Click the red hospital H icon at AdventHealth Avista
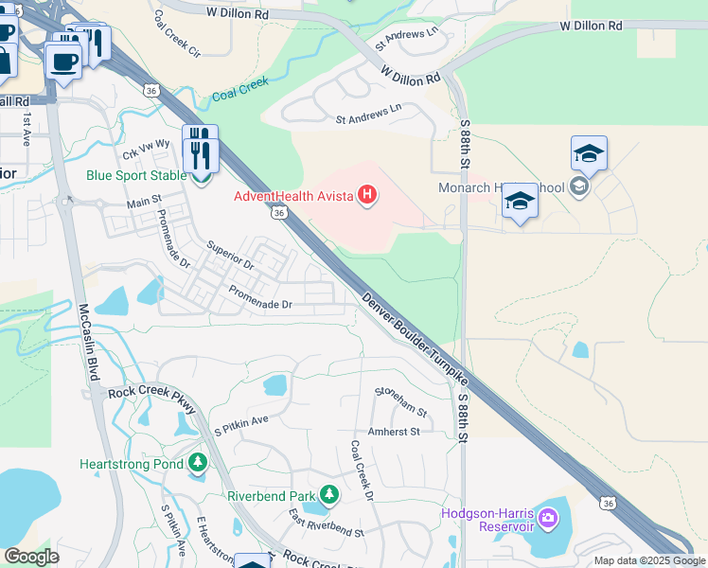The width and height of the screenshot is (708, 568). (367, 197)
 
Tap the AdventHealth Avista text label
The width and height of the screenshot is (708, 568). (292, 197)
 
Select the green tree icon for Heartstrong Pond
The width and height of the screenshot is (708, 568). (198, 463)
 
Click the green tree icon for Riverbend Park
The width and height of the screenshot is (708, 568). (329, 494)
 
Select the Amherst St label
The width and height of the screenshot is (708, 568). (393, 432)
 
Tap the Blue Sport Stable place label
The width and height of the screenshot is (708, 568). (136, 175)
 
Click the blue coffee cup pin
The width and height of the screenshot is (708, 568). (63, 62)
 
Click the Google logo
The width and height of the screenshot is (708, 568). (31, 557)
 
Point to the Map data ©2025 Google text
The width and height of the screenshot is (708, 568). (648, 560)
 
